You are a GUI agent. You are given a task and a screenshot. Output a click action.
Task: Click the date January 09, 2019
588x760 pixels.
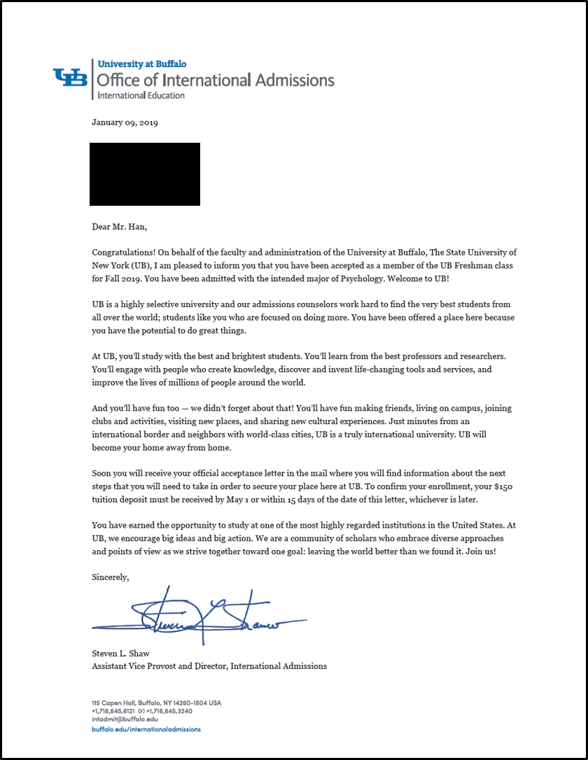point(125,122)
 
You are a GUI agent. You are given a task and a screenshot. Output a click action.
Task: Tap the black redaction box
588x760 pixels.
point(145,174)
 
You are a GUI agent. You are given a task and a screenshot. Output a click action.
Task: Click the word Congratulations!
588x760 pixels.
point(123,252)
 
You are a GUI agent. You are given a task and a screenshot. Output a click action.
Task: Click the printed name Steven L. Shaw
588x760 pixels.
point(122,654)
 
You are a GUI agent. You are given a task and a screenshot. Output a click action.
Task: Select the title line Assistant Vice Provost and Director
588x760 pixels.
point(209,666)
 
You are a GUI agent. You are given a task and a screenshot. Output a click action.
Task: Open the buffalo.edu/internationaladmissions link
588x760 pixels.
point(146,729)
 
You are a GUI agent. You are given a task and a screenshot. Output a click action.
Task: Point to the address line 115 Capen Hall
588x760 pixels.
point(156,703)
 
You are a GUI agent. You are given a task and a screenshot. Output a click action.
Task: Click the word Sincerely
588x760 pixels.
point(111,577)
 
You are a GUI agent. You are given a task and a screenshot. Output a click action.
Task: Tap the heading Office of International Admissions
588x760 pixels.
point(216,80)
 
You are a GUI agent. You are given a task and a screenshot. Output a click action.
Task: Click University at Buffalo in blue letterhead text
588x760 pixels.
point(142,64)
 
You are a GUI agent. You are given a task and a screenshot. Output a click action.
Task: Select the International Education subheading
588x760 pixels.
point(141,95)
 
